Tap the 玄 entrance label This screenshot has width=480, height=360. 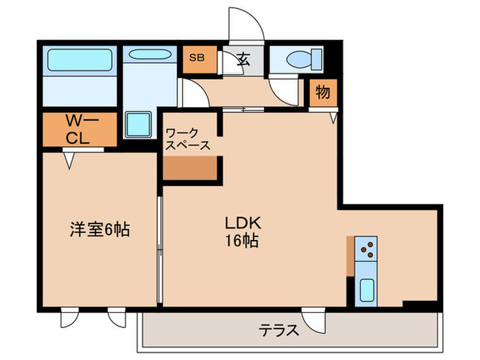[243, 59]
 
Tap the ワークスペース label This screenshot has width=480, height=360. [187, 139]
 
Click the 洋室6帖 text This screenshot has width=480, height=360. [99, 229]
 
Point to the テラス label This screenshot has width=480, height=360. [278, 331]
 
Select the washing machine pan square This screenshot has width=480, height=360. [142, 124]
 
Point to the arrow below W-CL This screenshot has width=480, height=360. [69, 160]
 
